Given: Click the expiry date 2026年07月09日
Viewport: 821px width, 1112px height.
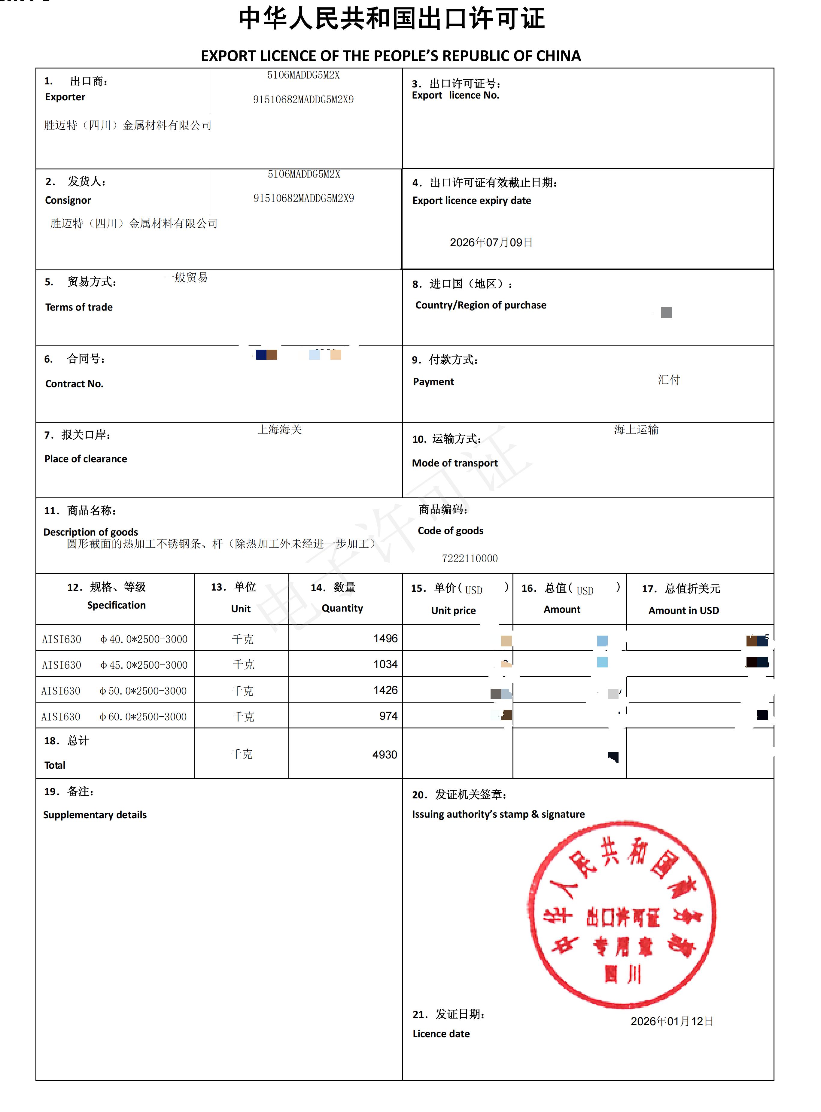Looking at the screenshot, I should click(x=491, y=242).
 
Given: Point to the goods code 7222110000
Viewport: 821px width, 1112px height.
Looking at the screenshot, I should click(x=470, y=558).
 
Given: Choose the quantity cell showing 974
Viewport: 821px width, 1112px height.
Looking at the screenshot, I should click(x=388, y=716).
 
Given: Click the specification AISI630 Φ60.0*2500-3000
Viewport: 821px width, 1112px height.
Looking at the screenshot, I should click(x=114, y=716).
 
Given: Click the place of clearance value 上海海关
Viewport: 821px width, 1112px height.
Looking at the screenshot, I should click(x=280, y=429).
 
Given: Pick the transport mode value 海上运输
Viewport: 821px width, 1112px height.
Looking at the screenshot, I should click(x=636, y=429).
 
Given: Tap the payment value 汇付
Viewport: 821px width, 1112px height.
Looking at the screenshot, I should click(x=669, y=380).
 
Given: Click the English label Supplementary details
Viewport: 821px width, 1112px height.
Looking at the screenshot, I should click(x=95, y=815).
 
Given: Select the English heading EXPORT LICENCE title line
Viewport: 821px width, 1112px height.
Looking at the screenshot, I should click(x=391, y=56).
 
